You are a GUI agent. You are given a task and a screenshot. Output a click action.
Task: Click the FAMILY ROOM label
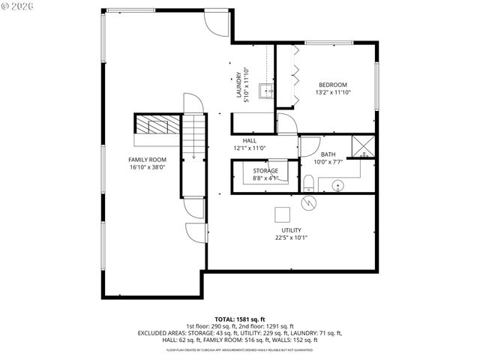[x=147, y=160]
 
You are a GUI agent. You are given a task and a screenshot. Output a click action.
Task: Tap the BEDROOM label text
[x=333, y=85]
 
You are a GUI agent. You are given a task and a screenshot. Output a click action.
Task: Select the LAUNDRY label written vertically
[x=238, y=84]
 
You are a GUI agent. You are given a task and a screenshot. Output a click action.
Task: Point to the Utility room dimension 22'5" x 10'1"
[x=292, y=238]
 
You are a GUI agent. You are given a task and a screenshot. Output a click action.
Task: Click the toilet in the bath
[x=308, y=182]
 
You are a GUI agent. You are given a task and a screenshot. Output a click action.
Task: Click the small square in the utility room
[x=281, y=212]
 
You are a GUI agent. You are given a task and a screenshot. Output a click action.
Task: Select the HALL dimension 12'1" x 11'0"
[x=250, y=148]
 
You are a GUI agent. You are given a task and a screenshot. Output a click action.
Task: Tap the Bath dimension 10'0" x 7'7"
[x=328, y=161]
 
